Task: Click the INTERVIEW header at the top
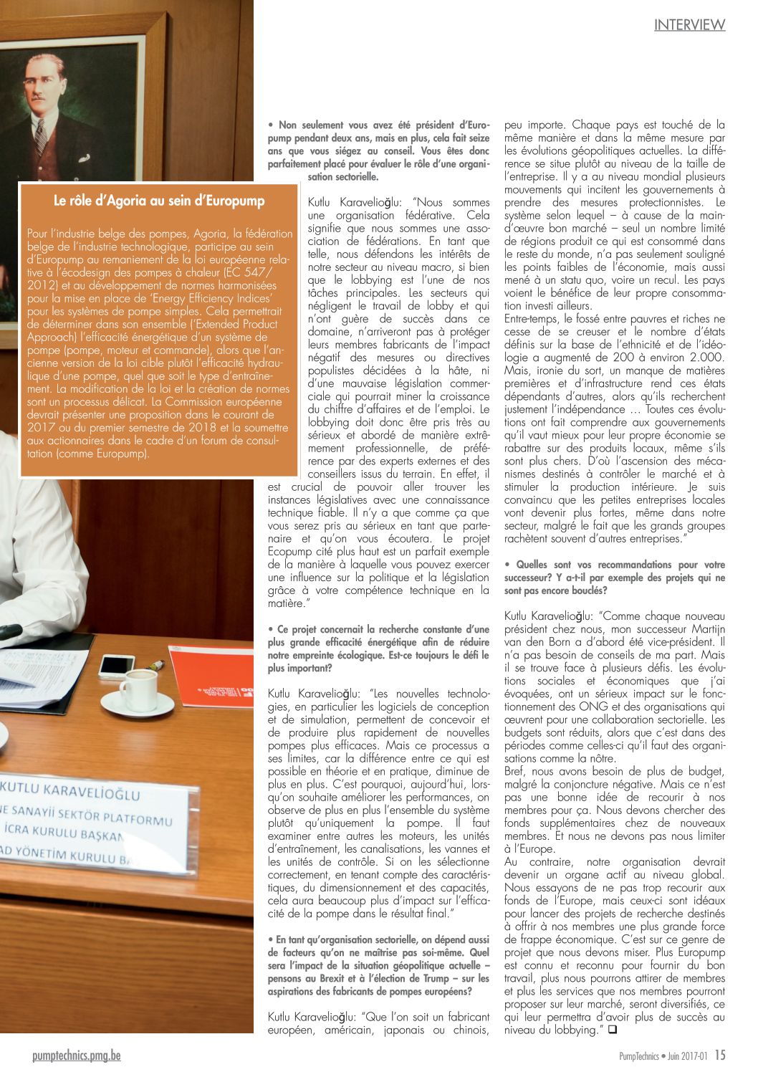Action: pyautogui.click(x=689, y=25)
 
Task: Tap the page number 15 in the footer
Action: pyautogui.click(x=719, y=1056)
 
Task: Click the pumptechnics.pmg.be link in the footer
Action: pyautogui.click(x=77, y=1056)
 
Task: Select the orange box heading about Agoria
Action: pyautogui.click(x=159, y=201)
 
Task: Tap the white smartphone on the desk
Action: pyautogui.click(x=117, y=666)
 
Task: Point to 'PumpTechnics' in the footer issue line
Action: pyautogui.click(x=639, y=1056)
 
